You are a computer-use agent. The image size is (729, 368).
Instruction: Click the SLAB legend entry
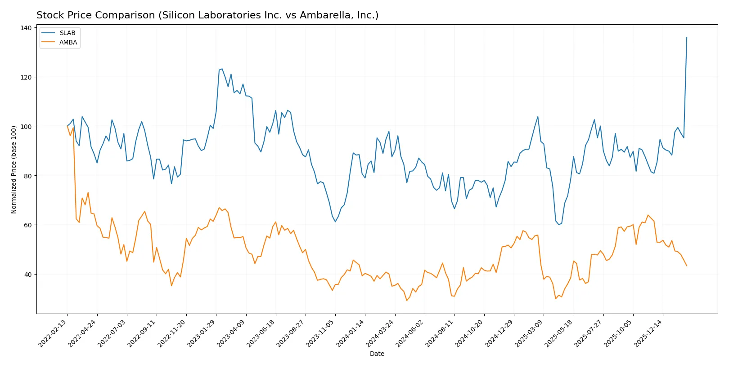67,33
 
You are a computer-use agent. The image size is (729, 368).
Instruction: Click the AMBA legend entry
68,42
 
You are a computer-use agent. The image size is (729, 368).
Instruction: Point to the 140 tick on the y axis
26,28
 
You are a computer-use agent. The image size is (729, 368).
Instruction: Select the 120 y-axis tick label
26,77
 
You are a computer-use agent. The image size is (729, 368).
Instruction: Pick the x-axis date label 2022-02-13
53,333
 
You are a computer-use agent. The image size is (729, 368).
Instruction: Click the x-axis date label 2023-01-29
202,333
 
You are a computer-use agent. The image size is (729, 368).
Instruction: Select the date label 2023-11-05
321,333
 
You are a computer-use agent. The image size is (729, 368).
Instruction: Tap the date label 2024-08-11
440,333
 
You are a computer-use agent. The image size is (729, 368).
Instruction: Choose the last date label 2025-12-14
648,333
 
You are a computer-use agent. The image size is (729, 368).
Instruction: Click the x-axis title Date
377,354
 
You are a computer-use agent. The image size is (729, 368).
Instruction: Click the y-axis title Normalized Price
13,169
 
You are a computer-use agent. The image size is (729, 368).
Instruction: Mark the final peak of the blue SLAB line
687,37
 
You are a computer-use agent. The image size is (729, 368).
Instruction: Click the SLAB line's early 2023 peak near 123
222,69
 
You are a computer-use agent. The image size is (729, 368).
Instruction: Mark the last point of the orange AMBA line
687,266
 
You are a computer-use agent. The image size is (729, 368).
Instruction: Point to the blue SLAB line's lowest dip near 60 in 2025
558,224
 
